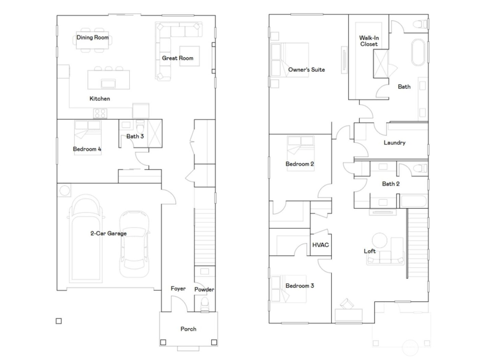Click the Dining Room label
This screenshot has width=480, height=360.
click(93, 37)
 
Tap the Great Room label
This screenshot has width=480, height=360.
click(178, 58)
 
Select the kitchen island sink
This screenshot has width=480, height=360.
click(108, 83)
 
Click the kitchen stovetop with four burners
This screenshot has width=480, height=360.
click(100, 113)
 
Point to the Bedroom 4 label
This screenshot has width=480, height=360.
click(87, 149)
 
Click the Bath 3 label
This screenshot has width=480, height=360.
click(135, 136)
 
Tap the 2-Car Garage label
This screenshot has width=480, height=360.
click(108, 233)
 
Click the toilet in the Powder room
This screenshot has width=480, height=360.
click(205, 304)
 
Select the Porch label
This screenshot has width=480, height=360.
click(188, 329)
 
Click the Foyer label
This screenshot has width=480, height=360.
click(178, 289)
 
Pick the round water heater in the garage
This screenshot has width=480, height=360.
click(64, 191)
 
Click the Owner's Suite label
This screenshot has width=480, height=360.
click(306, 70)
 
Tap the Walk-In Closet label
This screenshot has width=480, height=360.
click(369, 41)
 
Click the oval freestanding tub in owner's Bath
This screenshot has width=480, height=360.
click(418, 52)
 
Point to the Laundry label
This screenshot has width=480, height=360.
click(394, 143)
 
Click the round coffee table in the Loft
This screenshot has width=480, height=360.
click(380, 240)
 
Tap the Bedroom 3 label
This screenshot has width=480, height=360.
click(300, 286)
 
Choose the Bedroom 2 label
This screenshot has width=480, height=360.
click(300, 164)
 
